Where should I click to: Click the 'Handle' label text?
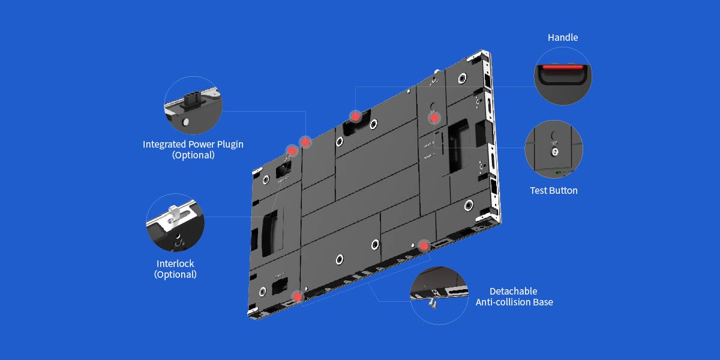[x=563, y=38]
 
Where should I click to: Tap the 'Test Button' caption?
[x=553, y=191]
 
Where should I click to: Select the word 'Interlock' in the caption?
[x=175, y=263]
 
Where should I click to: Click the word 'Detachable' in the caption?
[x=514, y=291]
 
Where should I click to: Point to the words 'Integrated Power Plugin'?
[x=193, y=145]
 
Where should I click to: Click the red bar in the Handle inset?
[x=563, y=67]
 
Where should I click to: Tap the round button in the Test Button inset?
[x=554, y=152]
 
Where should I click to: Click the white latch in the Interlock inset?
[x=173, y=214]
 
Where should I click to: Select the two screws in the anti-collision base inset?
[x=433, y=304]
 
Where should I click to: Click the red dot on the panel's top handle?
[x=355, y=116]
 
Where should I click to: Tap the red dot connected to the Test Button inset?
[x=434, y=118]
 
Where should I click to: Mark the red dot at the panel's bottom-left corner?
[x=298, y=296]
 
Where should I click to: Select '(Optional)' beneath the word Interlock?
[x=175, y=275]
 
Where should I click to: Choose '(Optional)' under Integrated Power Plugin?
[x=193, y=155]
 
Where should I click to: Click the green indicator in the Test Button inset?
[x=559, y=173]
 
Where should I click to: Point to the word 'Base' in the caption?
[x=543, y=302]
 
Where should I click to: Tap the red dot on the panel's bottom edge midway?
[x=424, y=246]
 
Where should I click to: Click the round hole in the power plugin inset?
[x=185, y=122]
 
